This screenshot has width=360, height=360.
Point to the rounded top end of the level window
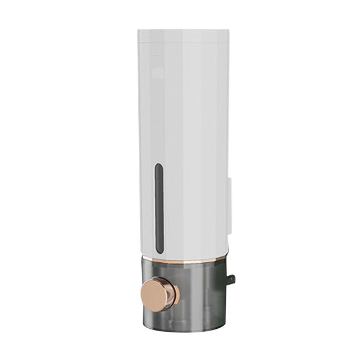tap(158, 166)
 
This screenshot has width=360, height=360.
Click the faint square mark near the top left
tap(158, 72)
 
